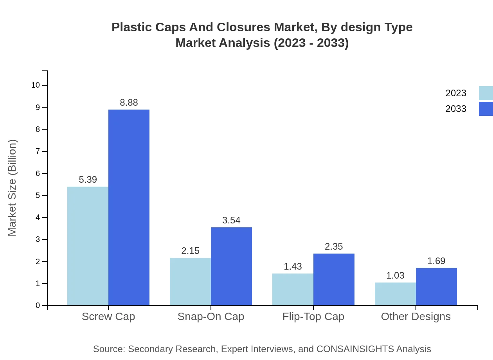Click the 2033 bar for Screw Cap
coord(129,207)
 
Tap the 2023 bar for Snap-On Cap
coord(190,281)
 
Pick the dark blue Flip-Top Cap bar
coord(334,279)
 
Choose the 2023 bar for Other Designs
coord(395,294)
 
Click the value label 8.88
coord(129,103)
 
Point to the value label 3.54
coord(231,220)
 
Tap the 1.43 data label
coord(293,266)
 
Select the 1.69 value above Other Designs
coord(436,261)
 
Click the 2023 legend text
coord(455,93)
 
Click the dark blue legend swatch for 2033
coord(486,109)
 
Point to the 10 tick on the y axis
coord(35,85)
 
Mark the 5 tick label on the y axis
coord(38,195)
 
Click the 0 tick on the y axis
coord(38,305)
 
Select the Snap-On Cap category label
coord(211,316)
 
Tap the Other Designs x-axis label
coord(416,316)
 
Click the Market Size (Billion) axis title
coord(12,188)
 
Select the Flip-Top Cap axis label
coord(313,316)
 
